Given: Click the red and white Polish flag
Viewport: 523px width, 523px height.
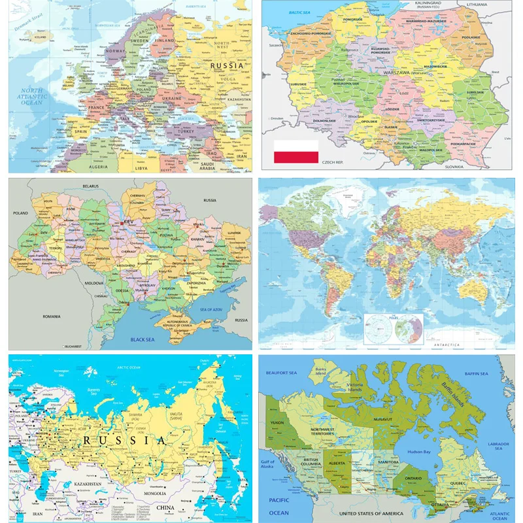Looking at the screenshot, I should (x=295, y=152).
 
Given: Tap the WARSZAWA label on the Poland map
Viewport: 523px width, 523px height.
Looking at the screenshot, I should (x=396, y=73).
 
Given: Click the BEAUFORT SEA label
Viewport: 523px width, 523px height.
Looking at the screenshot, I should (x=282, y=373).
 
